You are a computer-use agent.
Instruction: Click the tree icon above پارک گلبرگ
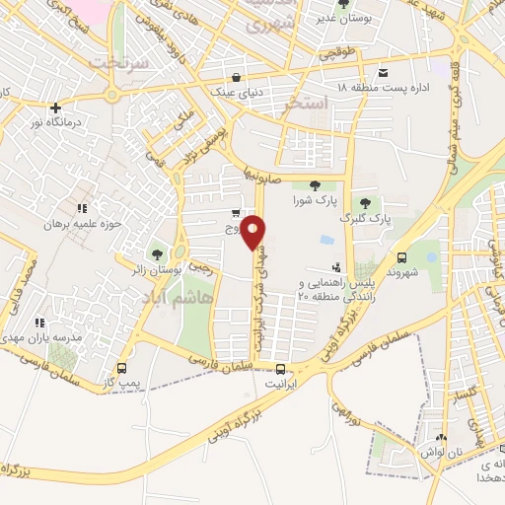[x=366, y=202]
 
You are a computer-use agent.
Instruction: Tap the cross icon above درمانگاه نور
[x=56, y=108]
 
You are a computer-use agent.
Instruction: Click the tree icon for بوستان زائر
[x=158, y=254]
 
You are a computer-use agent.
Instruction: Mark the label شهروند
[x=406, y=269]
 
